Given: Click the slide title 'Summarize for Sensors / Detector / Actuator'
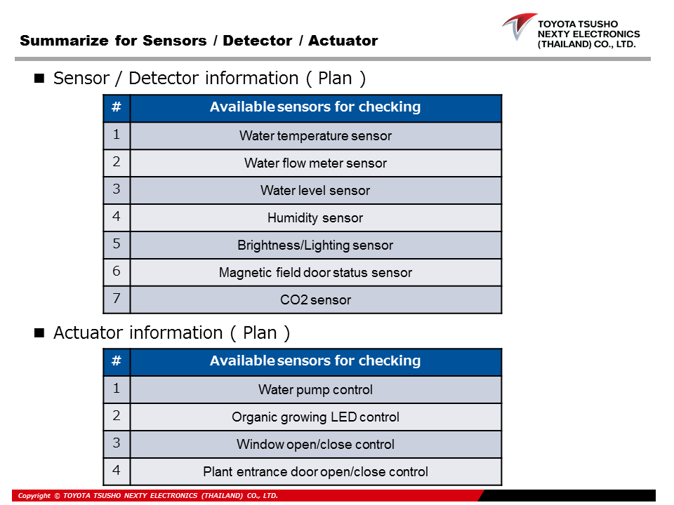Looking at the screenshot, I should tap(199, 41).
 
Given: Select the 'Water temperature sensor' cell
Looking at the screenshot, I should tap(315, 136).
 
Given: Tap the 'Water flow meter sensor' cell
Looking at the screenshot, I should tap(315, 163).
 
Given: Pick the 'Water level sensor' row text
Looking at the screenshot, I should tap(315, 191).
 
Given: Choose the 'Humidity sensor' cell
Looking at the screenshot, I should tap(315, 218).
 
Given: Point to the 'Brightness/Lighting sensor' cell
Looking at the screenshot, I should tap(315, 245).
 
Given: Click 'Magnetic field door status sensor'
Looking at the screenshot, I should tap(315, 273).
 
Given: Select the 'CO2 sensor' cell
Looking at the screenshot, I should tap(315, 300).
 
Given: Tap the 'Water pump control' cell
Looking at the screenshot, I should tap(315, 390).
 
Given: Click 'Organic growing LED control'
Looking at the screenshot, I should tap(315, 417).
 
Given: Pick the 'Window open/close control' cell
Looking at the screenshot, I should tap(315, 445).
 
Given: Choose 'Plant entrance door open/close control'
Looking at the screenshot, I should tap(315, 472).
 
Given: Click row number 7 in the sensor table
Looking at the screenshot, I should tap(117, 299).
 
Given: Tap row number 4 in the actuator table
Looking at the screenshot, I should tap(117, 471).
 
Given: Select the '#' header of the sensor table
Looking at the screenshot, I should tap(117, 107).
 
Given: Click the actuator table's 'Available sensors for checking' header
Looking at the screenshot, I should tap(315, 361).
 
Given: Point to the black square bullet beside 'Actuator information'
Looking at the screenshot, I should tap(39, 332).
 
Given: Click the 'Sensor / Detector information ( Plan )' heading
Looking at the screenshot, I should tap(209, 78).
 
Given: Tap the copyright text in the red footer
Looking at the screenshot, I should tap(148, 496).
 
